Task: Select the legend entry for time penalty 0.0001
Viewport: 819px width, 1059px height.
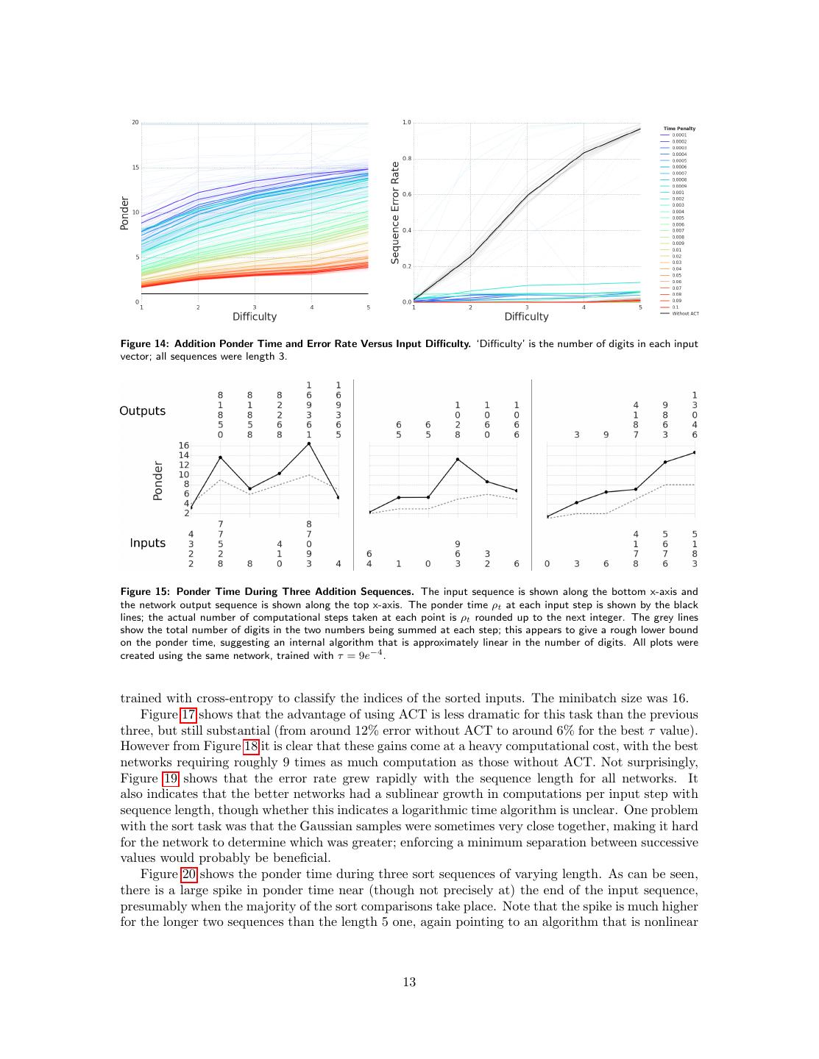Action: coord(678,135)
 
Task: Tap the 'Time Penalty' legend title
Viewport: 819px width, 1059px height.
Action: coord(679,129)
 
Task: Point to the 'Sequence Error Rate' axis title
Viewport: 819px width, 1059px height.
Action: coord(395,213)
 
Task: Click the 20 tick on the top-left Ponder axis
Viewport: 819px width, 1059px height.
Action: coord(135,122)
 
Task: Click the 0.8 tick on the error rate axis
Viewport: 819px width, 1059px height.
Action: coord(406,159)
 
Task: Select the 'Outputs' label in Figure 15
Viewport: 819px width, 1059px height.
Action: coord(142,410)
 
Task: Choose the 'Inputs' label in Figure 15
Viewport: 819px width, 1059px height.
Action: coord(147,543)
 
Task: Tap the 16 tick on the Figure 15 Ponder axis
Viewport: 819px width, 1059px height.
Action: coord(183,446)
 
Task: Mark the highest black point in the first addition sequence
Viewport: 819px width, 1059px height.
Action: coord(309,443)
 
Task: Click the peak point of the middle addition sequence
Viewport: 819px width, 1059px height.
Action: coord(458,460)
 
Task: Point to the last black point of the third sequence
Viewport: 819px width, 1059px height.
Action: coord(695,453)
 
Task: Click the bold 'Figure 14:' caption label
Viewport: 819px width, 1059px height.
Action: coord(145,343)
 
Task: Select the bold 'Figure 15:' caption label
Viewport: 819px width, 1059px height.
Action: coord(145,591)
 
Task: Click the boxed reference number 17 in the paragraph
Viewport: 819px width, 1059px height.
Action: coord(188,715)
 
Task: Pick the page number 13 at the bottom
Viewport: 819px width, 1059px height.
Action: coord(409,982)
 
